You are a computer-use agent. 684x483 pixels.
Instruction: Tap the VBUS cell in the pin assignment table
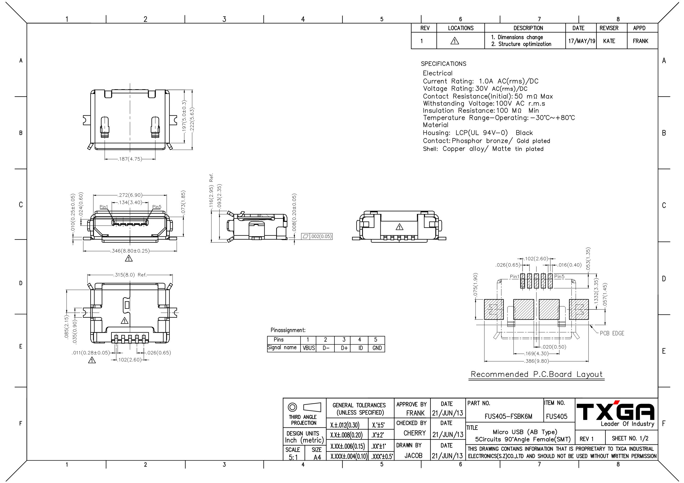(309, 348)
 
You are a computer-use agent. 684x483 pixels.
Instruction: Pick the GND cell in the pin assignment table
(377, 348)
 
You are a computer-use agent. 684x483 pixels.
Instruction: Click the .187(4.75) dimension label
(130, 159)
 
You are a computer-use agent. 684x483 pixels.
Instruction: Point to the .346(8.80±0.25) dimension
(130, 251)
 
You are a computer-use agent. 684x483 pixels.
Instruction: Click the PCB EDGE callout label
(612, 333)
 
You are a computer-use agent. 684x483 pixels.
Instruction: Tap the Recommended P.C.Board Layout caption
(536, 374)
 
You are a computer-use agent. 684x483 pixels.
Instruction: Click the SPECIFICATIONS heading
(444, 64)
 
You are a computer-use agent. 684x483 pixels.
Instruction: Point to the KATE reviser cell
(609, 41)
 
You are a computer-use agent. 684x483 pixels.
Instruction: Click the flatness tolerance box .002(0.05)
(317, 236)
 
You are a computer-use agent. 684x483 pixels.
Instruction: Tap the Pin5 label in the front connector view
(157, 207)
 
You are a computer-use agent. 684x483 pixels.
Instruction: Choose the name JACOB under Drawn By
(413, 456)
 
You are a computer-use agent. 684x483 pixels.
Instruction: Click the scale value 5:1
(293, 457)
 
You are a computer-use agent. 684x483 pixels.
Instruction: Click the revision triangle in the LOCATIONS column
(455, 41)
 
